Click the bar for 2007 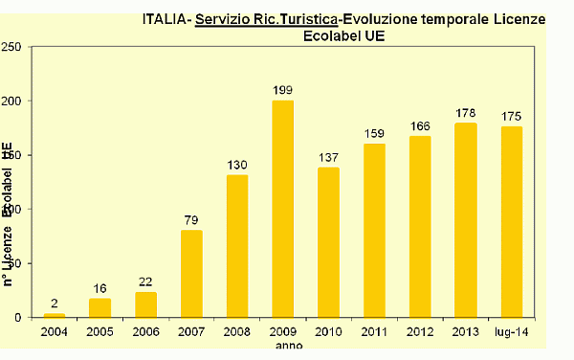pos(191,273)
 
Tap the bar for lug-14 pos(512,221)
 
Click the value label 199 pos(282,90)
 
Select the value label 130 pos(237,165)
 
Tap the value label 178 pos(466,114)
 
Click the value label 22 pos(145,281)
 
